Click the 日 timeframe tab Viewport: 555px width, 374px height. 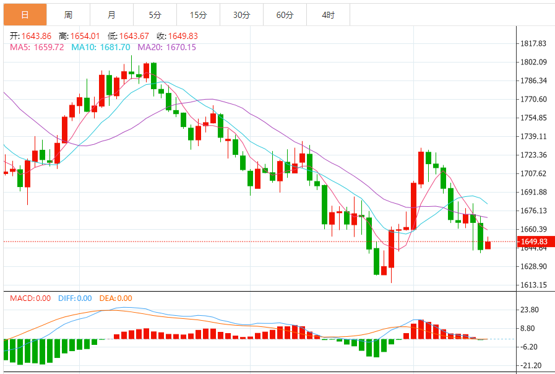coord(24,14)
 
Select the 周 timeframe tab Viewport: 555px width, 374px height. coord(68,14)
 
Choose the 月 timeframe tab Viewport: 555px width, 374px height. coord(111,14)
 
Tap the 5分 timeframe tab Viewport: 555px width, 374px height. coord(155,14)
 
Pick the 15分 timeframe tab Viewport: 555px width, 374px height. coord(198,14)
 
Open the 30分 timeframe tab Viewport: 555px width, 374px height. coord(241,14)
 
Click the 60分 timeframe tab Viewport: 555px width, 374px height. coord(285,14)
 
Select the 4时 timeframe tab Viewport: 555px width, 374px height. coord(329,14)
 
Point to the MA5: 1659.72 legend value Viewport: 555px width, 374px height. coord(37,47)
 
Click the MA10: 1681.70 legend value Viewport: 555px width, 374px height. coord(100,47)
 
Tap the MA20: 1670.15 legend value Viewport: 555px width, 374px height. coord(166,47)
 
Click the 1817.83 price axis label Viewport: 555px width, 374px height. coord(533,43)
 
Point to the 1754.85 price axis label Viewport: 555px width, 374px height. coord(533,118)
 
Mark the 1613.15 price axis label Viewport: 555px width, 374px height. coord(533,285)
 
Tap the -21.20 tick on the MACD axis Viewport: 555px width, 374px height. coord(531,365)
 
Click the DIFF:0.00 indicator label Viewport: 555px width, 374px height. coord(75,298)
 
